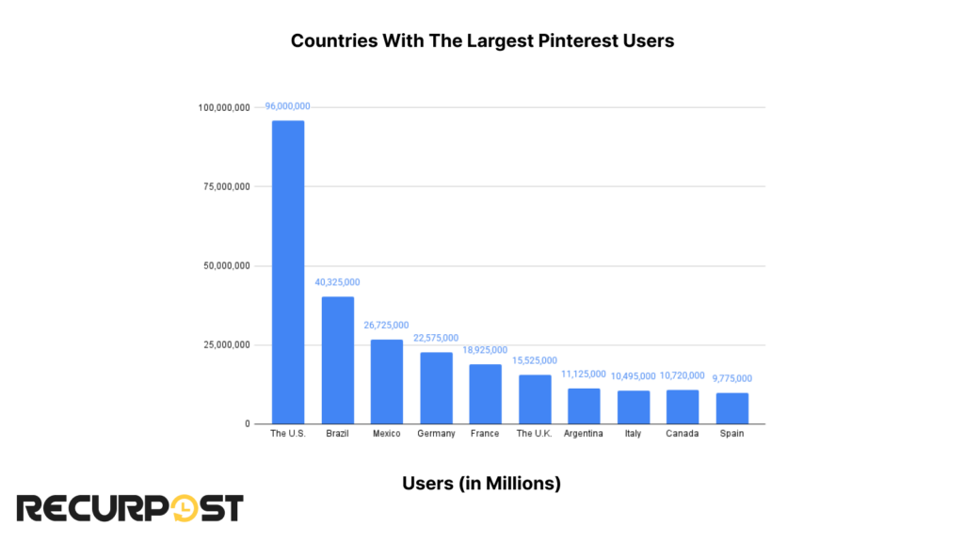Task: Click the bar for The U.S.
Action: point(288,272)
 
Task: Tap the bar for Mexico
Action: point(387,381)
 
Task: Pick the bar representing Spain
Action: point(731,408)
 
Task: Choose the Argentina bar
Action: point(584,406)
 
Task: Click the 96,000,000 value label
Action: point(287,106)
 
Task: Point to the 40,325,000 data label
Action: point(337,282)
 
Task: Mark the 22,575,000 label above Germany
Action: point(436,338)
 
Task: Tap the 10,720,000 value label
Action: point(683,375)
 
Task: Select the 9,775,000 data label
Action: point(731,378)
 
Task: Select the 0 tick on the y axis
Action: point(247,424)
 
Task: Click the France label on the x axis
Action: point(485,434)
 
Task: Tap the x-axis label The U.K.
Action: point(535,434)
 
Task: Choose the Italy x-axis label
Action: point(634,434)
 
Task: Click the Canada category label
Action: point(683,434)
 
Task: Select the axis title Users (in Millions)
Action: point(481,483)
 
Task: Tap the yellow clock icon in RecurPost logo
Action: point(186,508)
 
